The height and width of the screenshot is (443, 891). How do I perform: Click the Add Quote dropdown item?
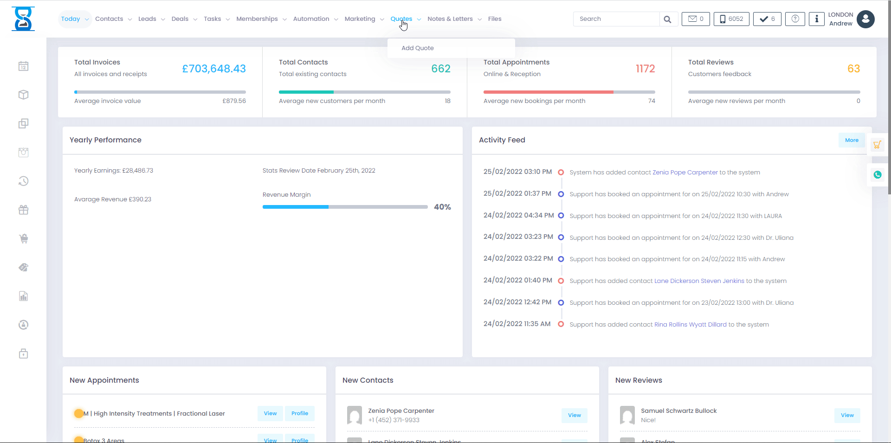click(418, 48)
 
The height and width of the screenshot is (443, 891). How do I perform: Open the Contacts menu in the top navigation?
click(110, 19)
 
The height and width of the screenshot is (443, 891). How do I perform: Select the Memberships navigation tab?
click(257, 19)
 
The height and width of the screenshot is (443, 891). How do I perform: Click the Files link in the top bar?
click(495, 19)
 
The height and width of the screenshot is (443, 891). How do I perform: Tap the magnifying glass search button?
click(667, 19)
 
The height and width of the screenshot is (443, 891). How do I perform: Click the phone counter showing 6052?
click(731, 19)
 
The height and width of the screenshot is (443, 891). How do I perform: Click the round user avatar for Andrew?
click(865, 19)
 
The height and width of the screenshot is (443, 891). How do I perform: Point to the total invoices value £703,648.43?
click(213, 69)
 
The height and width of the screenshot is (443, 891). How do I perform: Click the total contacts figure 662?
click(441, 69)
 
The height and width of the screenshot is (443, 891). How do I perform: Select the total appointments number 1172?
click(645, 69)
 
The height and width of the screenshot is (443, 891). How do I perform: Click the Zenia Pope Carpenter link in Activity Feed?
click(685, 173)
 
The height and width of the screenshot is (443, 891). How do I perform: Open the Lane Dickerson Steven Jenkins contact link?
click(699, 281)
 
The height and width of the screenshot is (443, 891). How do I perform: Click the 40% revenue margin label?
click(442, 207)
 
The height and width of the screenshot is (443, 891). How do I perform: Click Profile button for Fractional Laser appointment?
click(300, 413)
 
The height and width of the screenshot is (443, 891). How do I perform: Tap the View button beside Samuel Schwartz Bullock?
click(847, 415)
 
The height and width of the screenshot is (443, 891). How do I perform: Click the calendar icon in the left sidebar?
click(24, 66)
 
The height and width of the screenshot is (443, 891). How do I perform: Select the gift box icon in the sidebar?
click(24, 210)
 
